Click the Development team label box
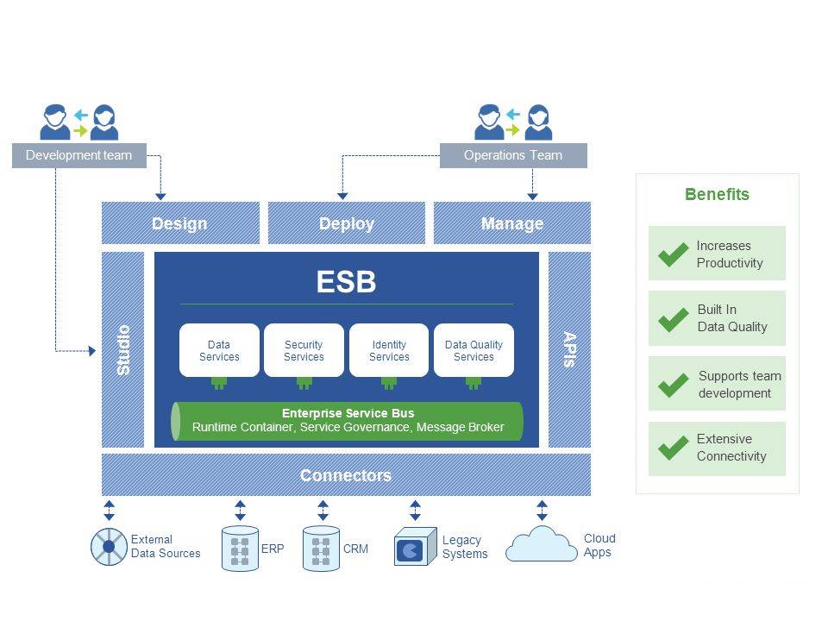pos(78,156)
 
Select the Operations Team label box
pos(513,156)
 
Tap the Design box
pos(180,223)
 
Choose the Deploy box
pos(347,223)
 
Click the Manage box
pos(512,223)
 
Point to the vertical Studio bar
pos(123,349)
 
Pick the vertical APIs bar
pos(569,349)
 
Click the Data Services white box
pos(219,350)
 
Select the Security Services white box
pos(304,350)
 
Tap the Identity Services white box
pos(389,350)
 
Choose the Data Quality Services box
pos(474,350)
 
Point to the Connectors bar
pos(346,475)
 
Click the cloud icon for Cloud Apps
pos(541,546)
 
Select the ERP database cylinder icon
pos(240,549)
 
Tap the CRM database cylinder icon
pos(321,549)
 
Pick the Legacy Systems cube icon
pos(414,548)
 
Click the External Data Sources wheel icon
pos(110,547)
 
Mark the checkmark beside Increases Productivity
pos(673,254)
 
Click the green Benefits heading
pos(717,194)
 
